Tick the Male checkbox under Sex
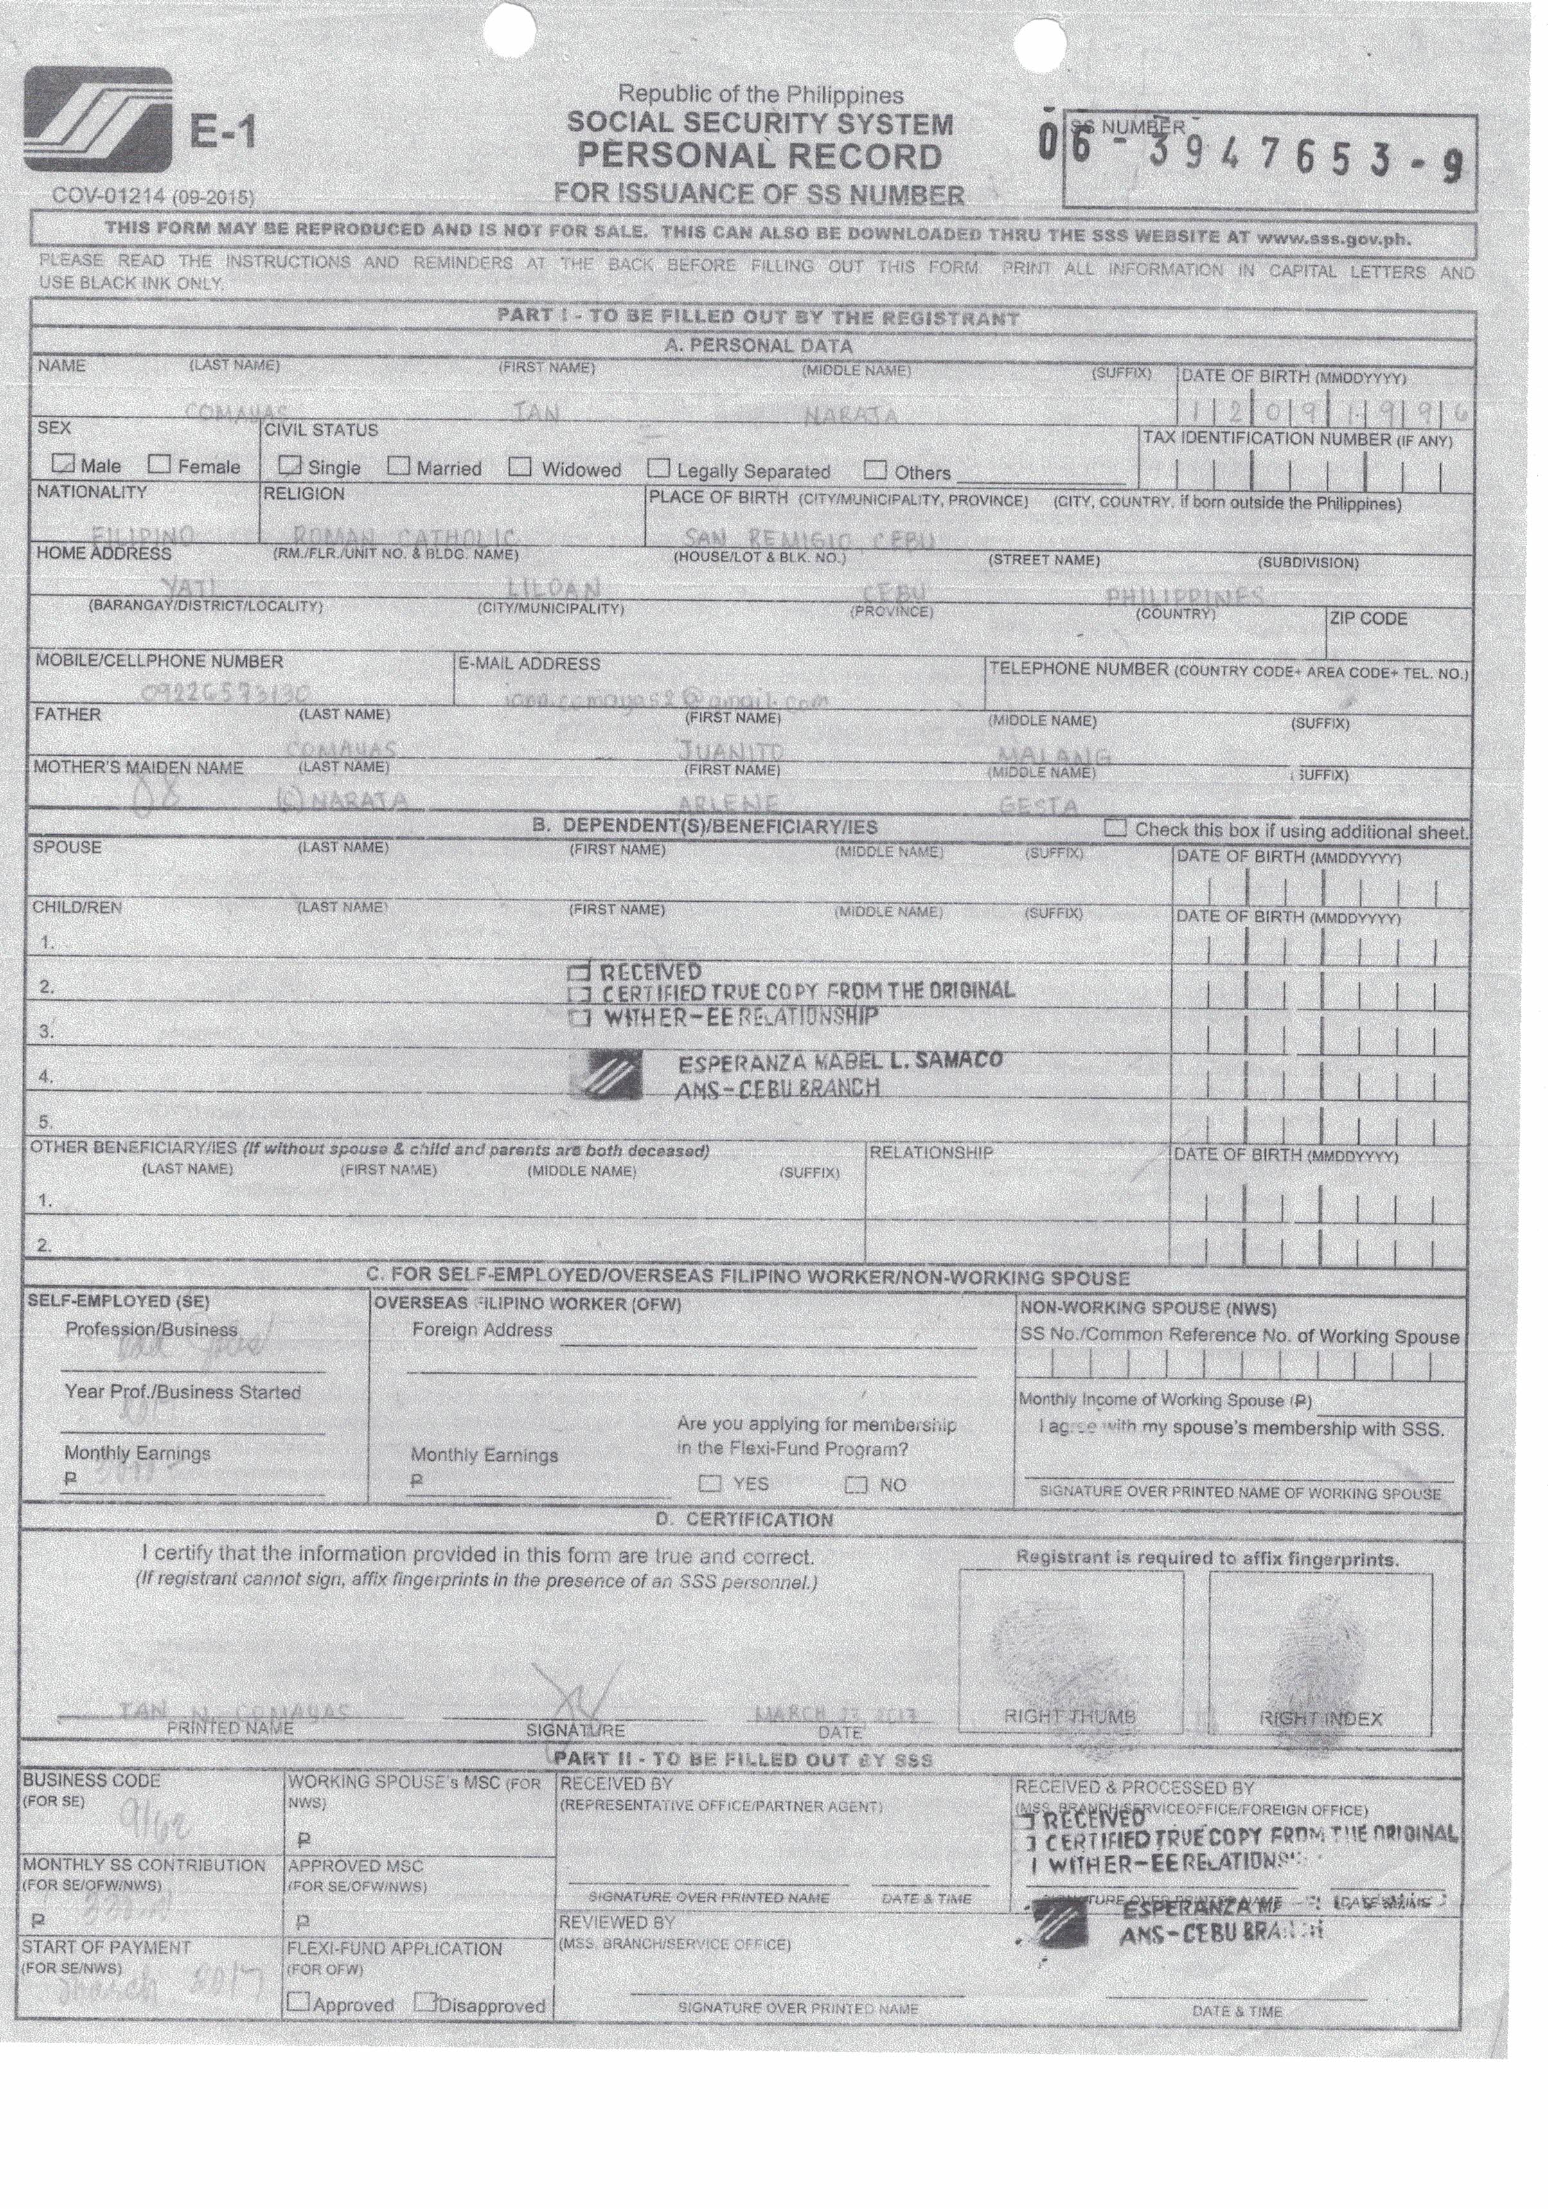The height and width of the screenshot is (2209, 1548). click(x=64, y=464)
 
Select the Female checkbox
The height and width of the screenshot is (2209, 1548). click(x=160, y=465)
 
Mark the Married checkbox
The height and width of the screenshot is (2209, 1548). click(x=398, y=467)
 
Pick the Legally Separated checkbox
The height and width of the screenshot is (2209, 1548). click(x=659, y=469)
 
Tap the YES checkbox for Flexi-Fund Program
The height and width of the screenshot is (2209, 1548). click(x=710, y=1483)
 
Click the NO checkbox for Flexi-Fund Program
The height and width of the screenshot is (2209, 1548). click(x=855, y=1483)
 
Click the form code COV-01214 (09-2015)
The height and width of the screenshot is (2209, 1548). click(x=153, y=196)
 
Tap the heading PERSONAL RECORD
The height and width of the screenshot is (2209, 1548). click(x=759, y=157)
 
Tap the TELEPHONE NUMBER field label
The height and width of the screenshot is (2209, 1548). click(x=1078, y=668)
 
